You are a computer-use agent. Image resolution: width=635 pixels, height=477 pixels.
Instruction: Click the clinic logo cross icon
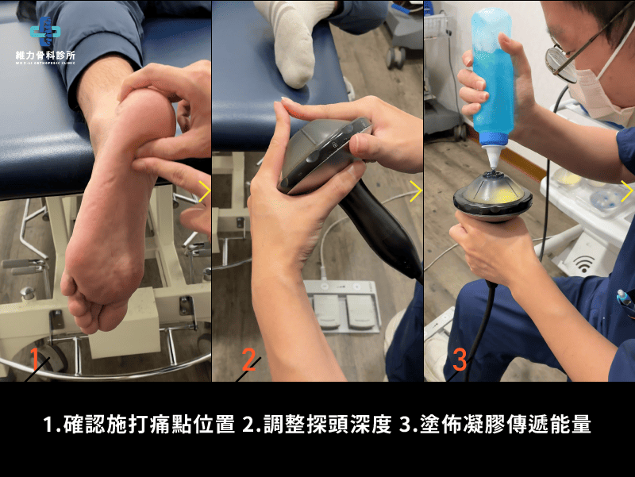click(45, 31)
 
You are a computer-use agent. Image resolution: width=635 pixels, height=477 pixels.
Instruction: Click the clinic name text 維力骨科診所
click(45, 56)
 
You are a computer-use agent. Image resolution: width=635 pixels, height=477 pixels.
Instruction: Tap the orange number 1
click(36, 360)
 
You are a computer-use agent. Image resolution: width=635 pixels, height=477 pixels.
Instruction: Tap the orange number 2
click(248, 360)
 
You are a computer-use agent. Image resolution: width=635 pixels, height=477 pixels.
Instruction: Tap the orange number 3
click(460, 360)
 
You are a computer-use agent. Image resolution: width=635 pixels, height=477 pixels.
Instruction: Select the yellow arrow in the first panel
click(204, 191)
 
